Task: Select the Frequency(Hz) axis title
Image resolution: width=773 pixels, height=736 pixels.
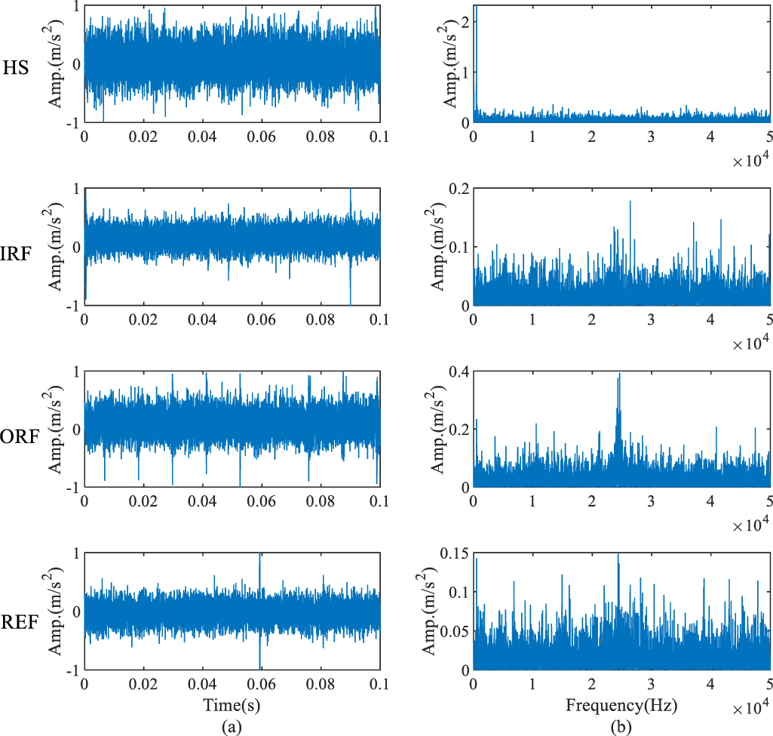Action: click(621, 706)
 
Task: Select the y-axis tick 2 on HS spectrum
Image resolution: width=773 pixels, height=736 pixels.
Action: click(464, 21)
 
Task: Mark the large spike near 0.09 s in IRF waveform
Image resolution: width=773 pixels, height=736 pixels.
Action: click(351, 192)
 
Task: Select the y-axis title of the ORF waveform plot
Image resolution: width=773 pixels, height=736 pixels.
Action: click(57, 430)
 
